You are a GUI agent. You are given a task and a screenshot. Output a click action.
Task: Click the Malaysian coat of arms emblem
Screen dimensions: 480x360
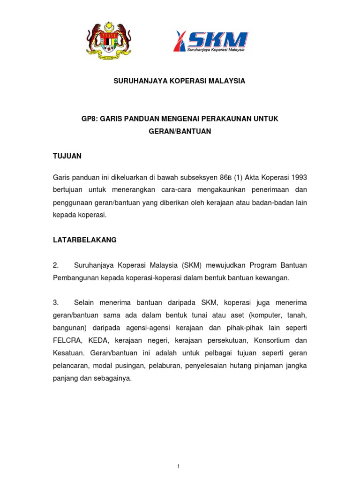click(108, 41)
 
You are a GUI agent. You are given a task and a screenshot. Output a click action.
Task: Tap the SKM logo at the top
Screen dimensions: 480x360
click(211, 41)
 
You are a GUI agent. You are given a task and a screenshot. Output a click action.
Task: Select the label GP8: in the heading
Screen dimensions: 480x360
click(90, 119)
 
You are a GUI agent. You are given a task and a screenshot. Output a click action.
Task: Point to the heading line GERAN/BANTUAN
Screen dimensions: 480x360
click(180, 132)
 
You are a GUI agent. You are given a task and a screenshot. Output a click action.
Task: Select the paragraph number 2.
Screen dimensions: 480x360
click(55, 265)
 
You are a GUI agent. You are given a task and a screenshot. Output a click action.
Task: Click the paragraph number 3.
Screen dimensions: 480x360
click(55, 303)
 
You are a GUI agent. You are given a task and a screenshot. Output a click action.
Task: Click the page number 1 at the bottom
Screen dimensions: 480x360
click(180, 453)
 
